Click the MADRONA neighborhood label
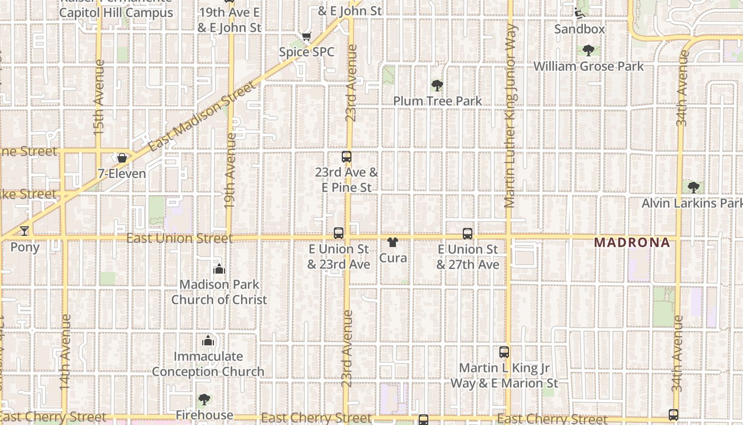coord(632,243)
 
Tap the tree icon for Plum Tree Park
coord(437,86)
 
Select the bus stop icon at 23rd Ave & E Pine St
coord(347,157)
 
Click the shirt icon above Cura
coord(393,243)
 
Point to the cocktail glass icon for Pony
coord(24,231)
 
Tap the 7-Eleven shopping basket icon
coord(122,158)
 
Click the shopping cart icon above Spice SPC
coord(306,37)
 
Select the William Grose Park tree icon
coord(588,51)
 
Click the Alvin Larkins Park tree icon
coord(693,188)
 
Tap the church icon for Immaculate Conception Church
coord(208,341)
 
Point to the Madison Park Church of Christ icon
coord(219,269)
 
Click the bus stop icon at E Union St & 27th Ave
coord(468,234)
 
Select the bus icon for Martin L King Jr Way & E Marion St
coord(504,352)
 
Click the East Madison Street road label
coord(202,116)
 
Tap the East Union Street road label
coord(179,238)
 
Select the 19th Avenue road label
coord(230,177)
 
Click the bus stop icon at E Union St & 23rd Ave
coord(339,233)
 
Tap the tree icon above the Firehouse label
coord(204,399)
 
